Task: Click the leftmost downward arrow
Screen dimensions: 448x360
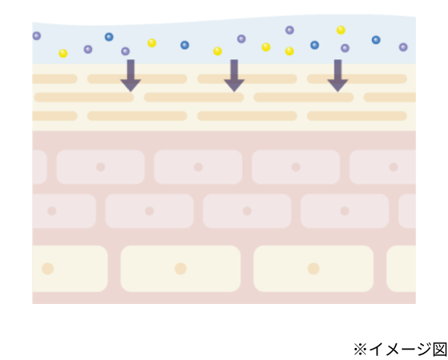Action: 130,76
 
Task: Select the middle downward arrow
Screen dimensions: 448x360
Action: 234,76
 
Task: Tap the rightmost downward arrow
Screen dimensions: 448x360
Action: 338,76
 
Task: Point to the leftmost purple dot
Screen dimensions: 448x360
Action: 37,36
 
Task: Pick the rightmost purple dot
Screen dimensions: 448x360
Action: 403,47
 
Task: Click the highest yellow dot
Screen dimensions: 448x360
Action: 341,30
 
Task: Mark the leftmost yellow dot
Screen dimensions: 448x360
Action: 63,54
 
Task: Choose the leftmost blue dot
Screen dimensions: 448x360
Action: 109,37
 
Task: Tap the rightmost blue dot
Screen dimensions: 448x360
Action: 376,40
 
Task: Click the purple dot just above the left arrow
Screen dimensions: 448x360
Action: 126,51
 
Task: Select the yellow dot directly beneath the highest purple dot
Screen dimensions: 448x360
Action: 290,51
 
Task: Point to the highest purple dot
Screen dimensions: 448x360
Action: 290,30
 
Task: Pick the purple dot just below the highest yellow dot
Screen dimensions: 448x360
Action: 345,48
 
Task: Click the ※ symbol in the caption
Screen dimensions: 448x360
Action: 360,349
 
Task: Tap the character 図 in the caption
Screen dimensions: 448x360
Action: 440,349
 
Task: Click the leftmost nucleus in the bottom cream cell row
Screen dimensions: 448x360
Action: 48,269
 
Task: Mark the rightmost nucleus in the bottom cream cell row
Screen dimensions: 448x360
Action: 314,269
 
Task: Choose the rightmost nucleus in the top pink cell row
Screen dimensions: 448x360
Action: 394,167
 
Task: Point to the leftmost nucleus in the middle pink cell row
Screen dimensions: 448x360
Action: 52,211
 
